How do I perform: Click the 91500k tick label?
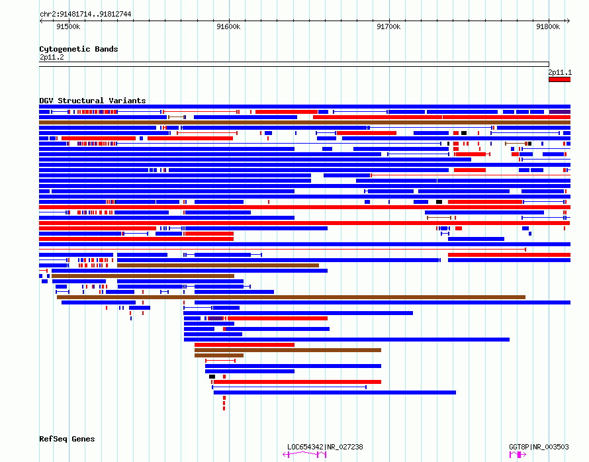68,26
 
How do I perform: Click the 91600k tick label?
228,26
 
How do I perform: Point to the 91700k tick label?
388,26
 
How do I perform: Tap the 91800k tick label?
548,26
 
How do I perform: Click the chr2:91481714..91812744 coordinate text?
85,15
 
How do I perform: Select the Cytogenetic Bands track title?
79,49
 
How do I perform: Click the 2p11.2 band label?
52,57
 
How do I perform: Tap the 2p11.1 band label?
560,72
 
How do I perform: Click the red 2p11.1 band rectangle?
559,79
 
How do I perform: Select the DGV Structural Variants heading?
93,101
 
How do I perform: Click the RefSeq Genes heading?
67,439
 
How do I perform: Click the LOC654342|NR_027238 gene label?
325,447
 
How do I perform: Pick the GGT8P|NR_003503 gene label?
539,447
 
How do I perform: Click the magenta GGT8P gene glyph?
518,455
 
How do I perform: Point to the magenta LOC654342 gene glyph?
304,455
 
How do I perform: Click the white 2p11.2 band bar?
294,64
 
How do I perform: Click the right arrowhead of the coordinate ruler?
568,21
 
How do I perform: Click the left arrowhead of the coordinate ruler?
41,21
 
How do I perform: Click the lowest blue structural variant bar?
335,393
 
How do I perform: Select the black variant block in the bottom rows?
212,377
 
